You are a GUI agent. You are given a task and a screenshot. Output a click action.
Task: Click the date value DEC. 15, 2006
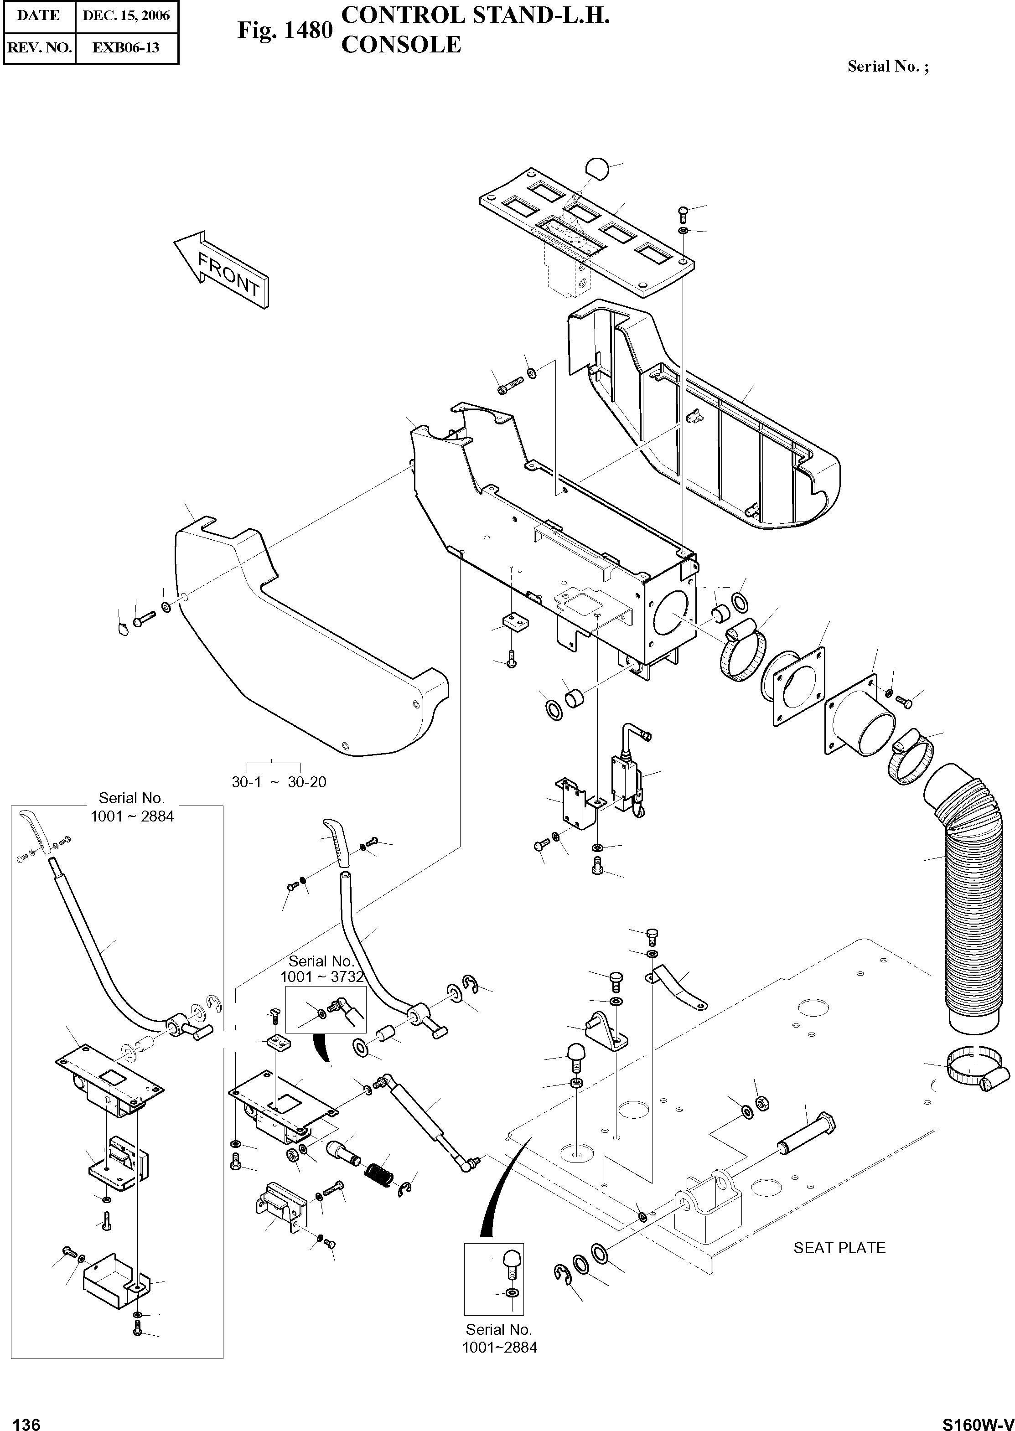(x=126, y=15)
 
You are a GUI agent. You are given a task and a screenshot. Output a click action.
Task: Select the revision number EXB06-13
(x=126, y=47)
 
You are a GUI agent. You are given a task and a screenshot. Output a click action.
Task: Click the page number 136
(x=26, y=1420)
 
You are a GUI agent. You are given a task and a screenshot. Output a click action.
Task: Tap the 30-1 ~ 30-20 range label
(x=279, y=782)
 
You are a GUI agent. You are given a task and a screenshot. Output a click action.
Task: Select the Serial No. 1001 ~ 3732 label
(x=321, y=969)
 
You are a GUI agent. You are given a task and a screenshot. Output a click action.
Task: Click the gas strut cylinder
(x=418, y=1109)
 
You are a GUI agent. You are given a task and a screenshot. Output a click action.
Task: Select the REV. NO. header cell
(x=39, y=47)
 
